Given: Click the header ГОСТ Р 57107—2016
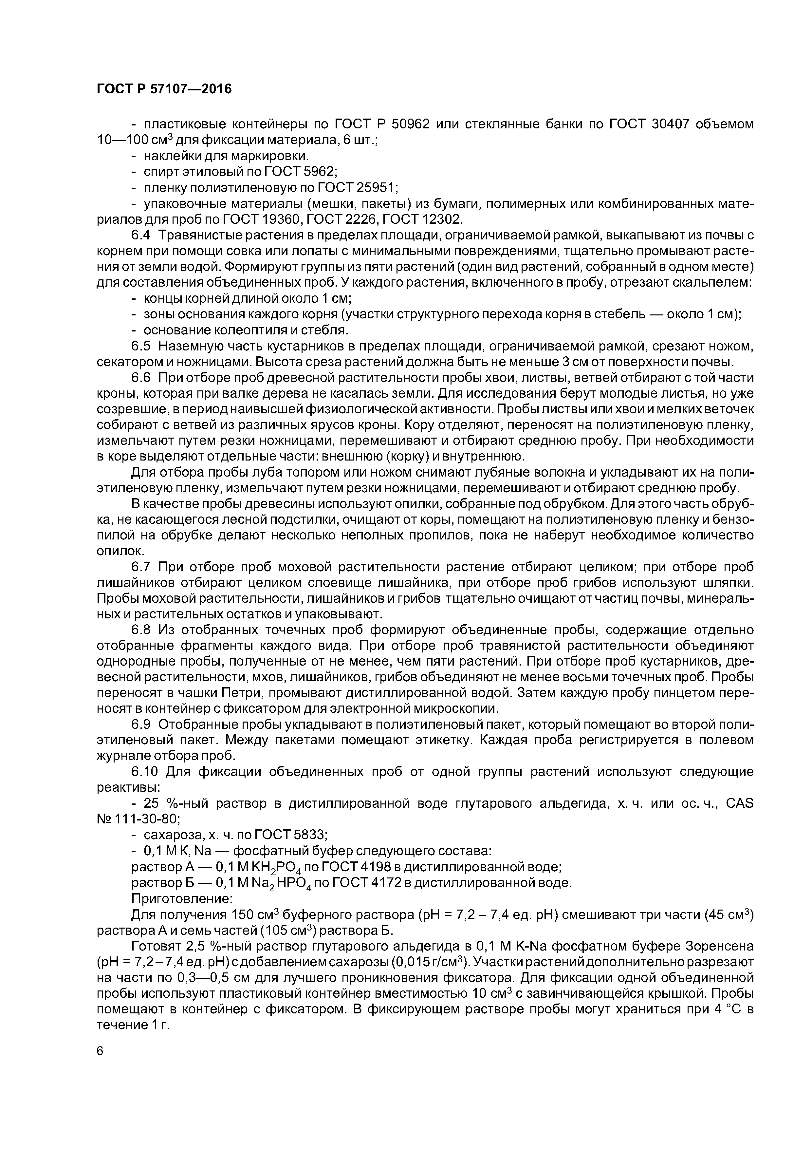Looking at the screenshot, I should point(164,89).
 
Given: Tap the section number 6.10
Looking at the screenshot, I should point(145,772).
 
